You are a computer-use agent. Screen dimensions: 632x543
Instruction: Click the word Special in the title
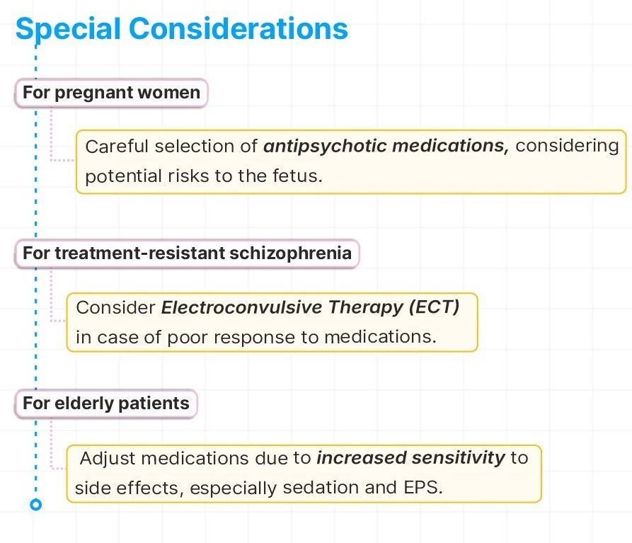pyautogui.click(x=68, y=29)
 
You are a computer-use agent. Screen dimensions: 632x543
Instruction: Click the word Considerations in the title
pyautogui.click(x=239, y=29)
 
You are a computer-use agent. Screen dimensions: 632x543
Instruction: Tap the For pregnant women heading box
pyautogui.click(x=111, y=93)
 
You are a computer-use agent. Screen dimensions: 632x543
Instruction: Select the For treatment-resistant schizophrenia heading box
pyautogui.click(x=187, y=253)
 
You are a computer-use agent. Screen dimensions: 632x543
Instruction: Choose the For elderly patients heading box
pyautogui.click(x=106, y=404)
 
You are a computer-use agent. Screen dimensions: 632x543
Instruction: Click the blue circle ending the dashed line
pyautogui.click(x=36, y=504)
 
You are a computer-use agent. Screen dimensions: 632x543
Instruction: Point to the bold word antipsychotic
pyautogui.click(x=326, y=146)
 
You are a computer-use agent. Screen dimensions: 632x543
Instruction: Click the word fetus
pyautogui.click(x=297, y=176)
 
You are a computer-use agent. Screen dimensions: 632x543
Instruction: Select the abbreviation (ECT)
pyautogui.click(x=434, y=307)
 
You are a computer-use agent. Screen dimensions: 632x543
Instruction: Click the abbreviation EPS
pyautogui.click(x=423, y=487)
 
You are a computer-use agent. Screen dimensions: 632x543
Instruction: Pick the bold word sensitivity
pyautogui.click(x=459, y=458)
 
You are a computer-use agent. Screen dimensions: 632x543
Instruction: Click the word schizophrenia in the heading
pyautogui.click(x=291, y=253)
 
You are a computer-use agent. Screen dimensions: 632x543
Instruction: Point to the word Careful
pyautogui.click(x=117, y=146)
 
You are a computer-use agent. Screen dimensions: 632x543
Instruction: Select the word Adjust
pyautogui.click(x=108, y=458)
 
